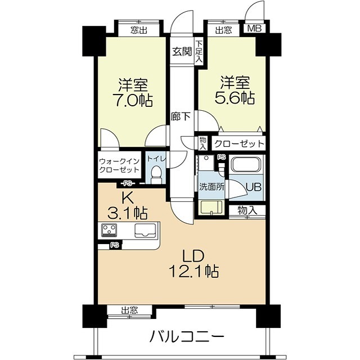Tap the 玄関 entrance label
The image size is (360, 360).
tap(182, 52)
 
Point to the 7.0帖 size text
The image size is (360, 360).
tap(132, 101)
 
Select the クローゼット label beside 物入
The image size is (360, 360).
tap(238, 143)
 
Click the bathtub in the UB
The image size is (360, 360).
tap(245, 166)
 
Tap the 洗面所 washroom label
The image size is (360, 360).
tap(211, 187)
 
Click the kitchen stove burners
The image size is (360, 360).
tap(109, 229)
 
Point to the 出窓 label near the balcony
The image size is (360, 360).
tap(129, 310)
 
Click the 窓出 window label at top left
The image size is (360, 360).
tap(138, 30)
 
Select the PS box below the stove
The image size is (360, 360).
tap(114, 245)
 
